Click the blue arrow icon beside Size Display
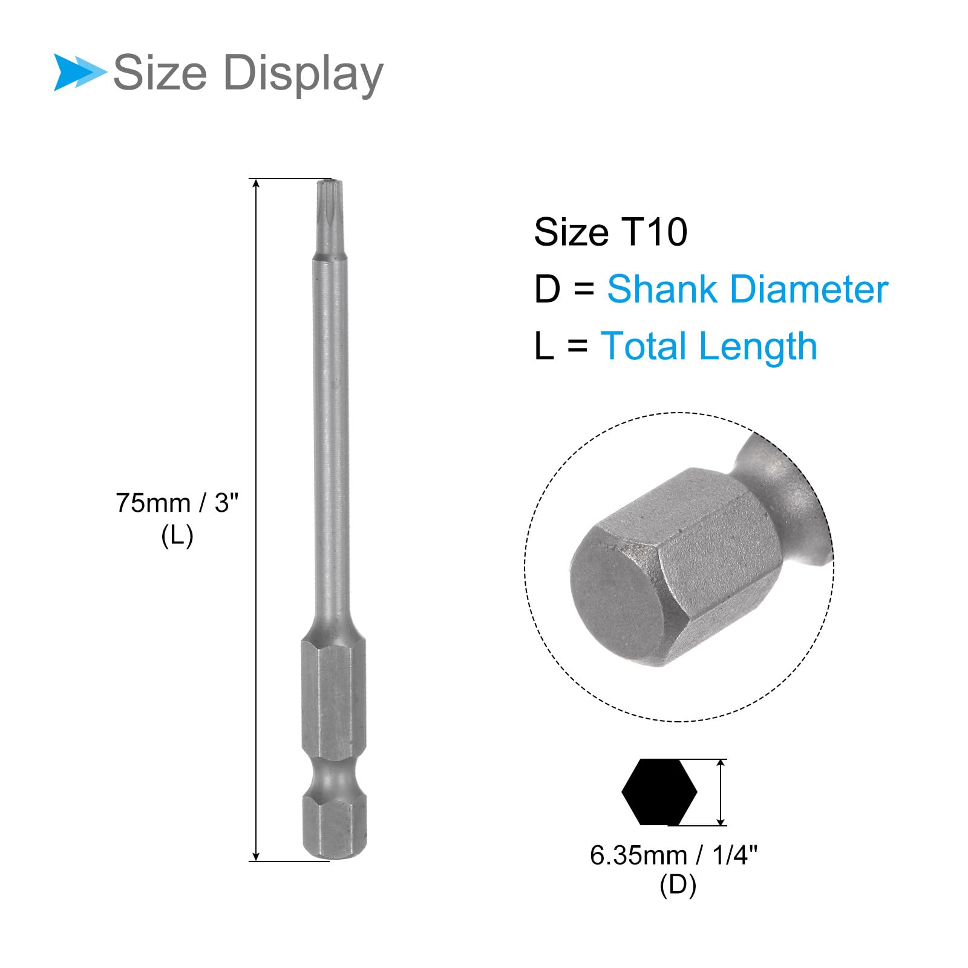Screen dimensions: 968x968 79,73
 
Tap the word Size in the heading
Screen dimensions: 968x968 160,72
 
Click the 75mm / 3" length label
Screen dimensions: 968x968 177,503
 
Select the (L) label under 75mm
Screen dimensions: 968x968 177,535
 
